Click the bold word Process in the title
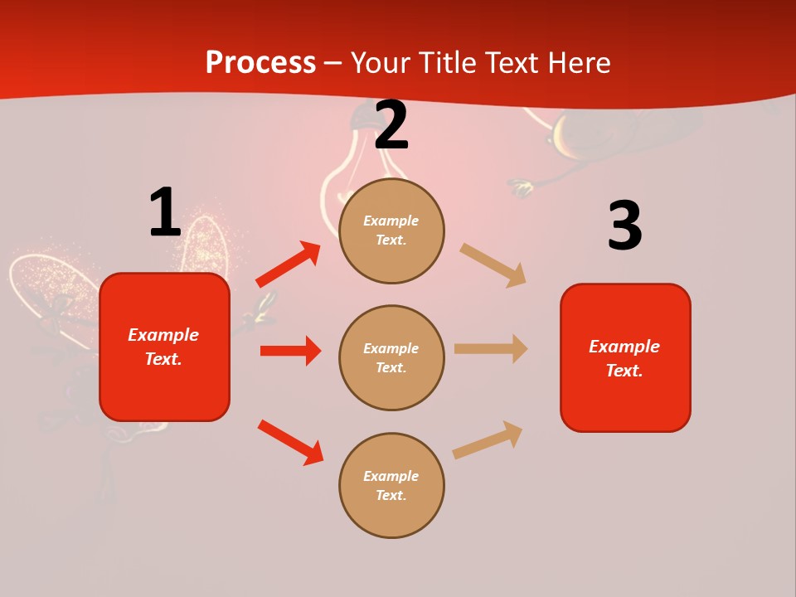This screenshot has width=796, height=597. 260,62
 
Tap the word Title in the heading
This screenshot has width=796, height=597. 448,62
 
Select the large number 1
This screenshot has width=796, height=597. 164,212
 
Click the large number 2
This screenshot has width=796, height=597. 391,125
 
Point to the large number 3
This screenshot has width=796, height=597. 624,226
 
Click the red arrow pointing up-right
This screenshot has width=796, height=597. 288,265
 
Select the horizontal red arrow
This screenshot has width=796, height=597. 290,351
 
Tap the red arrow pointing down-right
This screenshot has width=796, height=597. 290,442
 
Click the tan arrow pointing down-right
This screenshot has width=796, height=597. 493,265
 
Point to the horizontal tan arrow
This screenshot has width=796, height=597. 491,349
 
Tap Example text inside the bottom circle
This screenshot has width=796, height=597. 391,486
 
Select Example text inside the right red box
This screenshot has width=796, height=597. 624,358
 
